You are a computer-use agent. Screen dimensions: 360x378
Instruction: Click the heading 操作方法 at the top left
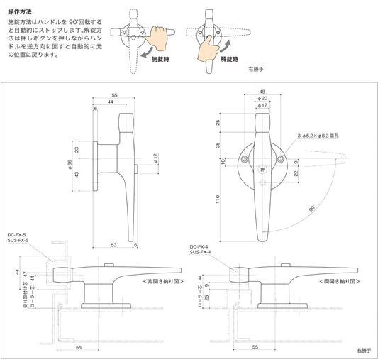(19, 13)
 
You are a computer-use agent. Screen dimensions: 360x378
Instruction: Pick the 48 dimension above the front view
(262, 92)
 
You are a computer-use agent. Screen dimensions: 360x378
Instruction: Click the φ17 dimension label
(262, 106)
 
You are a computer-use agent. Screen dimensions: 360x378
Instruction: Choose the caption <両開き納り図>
(327, 281)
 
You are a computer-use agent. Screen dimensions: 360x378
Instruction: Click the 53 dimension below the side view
(114, 245)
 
